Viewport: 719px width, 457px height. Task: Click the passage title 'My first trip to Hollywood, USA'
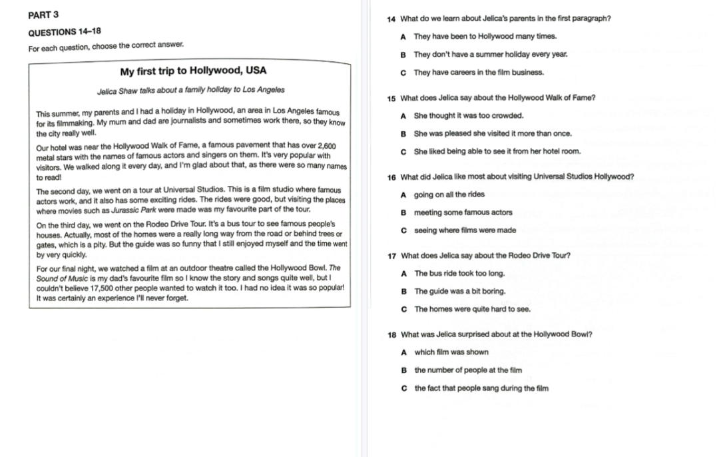click(x=193, y=71)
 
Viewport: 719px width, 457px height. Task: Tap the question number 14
click(x=391, y=19)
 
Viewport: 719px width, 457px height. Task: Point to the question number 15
click(x=391, y=98)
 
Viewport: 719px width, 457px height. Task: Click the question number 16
click(x=391, y=177)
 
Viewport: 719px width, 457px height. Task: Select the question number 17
click(x=391, y=256)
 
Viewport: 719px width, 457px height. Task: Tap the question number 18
click(x=391, y=334)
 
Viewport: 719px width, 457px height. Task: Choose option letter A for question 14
click(x=404, y=37)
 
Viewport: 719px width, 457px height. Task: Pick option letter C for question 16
click(x=404, y=230)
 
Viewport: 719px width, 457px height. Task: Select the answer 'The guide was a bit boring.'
click(x=460, y=291)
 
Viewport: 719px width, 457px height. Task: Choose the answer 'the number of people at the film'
click(x=468, y=370)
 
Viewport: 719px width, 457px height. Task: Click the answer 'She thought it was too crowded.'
click(x=469, y=116)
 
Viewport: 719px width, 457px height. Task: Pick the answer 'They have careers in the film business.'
click(x=479, y=73)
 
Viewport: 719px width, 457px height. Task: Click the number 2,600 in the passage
click(x=327, y=146)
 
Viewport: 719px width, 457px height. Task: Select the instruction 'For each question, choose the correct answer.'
click(x=107, y=46)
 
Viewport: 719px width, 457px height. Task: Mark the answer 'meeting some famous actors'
click(x=463, y=213)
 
